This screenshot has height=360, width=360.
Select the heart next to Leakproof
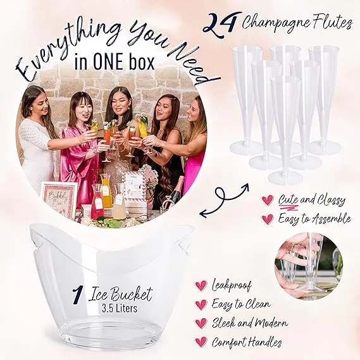[x=201, y=286]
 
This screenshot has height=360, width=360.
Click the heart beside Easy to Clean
[x=201, y=304]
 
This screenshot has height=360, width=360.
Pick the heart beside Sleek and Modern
[x=201, y=323]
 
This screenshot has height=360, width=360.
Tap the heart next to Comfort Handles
[x=201, y=342]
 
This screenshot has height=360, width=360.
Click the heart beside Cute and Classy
[x=268, y=201]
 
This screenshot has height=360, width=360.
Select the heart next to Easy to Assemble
[x=268, y=219]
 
